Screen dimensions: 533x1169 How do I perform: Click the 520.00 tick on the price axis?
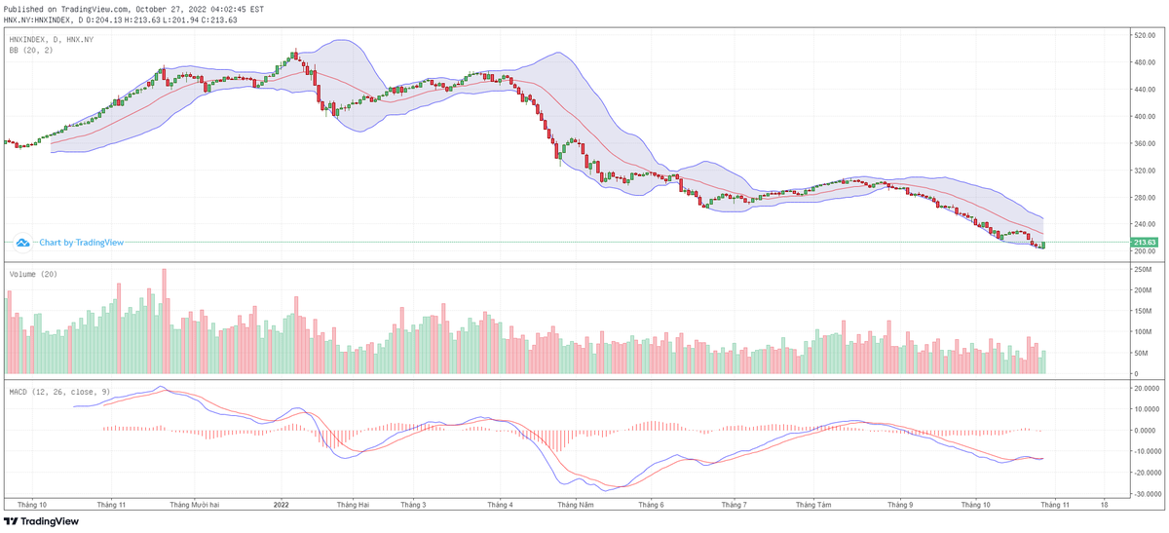click(x=1143, y=36)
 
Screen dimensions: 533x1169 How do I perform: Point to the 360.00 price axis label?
click(x=1143, y=143)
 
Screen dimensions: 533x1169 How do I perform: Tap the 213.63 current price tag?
click(x=1144, y=242)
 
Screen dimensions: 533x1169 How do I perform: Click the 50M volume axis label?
click(x=1140, y=354)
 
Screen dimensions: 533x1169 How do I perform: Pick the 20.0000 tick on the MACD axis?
click(x=1144, y=388)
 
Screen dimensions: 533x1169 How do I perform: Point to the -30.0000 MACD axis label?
click(x=1144, y=494)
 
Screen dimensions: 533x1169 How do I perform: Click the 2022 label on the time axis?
click(x=281, y=505)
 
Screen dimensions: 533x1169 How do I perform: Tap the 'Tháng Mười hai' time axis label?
click(x=195, y=505)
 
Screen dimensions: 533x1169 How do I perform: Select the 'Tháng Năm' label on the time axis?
click(x=575, y=505)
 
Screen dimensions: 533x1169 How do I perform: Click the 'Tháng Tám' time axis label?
click(x=813, y=505)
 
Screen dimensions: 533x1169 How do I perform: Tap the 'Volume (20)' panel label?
click(x=34, y=275)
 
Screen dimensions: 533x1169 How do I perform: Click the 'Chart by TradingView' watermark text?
click(x=74, y=242)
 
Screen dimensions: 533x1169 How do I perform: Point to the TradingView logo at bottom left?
click(x=44, y=521)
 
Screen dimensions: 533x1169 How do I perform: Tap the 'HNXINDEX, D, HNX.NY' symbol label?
click(x=52, y=39)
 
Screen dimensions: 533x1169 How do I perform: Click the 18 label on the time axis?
click(x=1104, y=505)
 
